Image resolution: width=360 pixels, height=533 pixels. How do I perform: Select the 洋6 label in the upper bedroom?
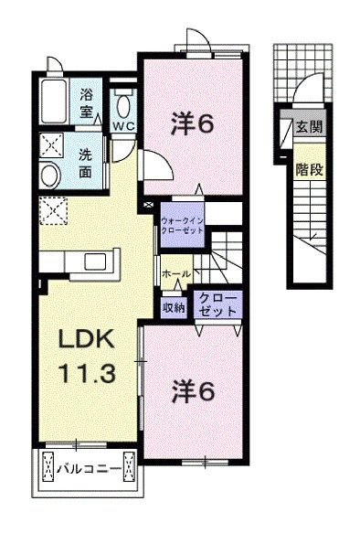194,124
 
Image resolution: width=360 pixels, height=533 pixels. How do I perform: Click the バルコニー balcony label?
88,471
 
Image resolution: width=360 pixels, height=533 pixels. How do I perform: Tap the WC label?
123,125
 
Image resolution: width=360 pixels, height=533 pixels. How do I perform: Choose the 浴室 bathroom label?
88,101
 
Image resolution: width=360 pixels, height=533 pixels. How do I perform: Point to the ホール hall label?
175,273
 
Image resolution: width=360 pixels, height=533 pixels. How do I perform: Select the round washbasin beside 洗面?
51,176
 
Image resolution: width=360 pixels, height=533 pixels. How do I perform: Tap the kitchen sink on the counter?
96,262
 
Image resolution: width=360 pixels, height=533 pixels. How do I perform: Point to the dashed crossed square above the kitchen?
53,211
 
